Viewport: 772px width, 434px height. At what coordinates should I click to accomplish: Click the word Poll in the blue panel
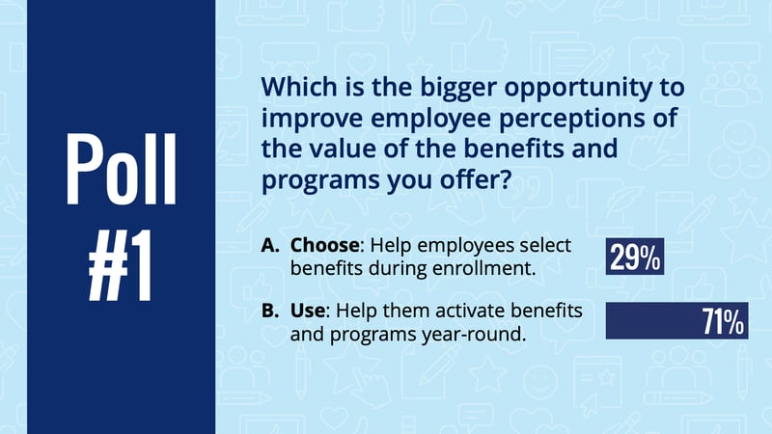[122, 169]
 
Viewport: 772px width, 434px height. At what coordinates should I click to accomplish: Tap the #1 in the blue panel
[120, 265]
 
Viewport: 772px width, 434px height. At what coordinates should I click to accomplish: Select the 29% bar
[635, 257]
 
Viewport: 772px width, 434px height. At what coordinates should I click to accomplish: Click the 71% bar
[677, 321]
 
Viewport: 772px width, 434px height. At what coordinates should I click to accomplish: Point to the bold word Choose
[325, 245]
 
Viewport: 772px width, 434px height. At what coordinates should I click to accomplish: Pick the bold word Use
[307, 311]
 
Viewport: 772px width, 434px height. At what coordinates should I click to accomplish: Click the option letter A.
[270, 245]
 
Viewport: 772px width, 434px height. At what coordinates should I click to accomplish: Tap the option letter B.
[270, 311]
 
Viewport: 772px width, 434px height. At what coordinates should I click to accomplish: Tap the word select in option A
[545, 245]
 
